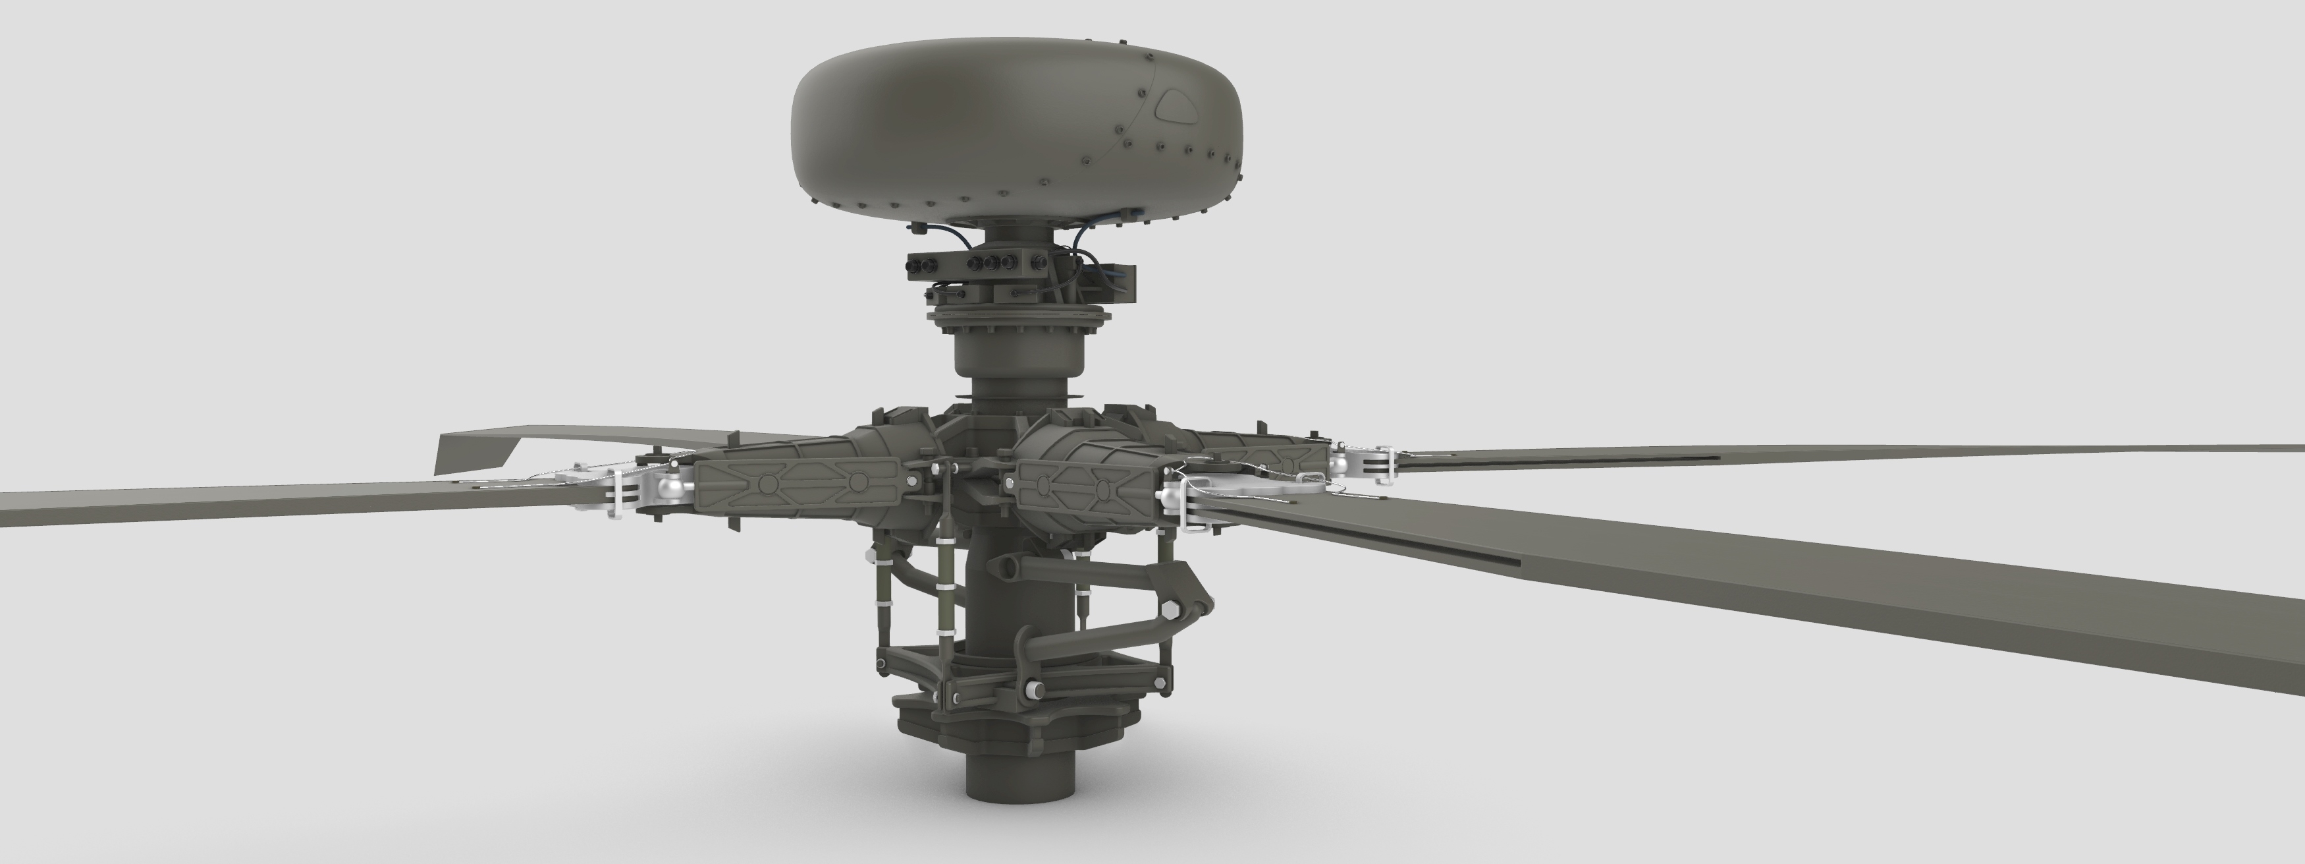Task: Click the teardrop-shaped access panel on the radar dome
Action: [1178, 107]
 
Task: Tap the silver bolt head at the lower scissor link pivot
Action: [1035, 689]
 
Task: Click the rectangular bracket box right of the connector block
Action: [1118, 283]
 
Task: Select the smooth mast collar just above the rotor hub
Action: [1018, 354]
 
